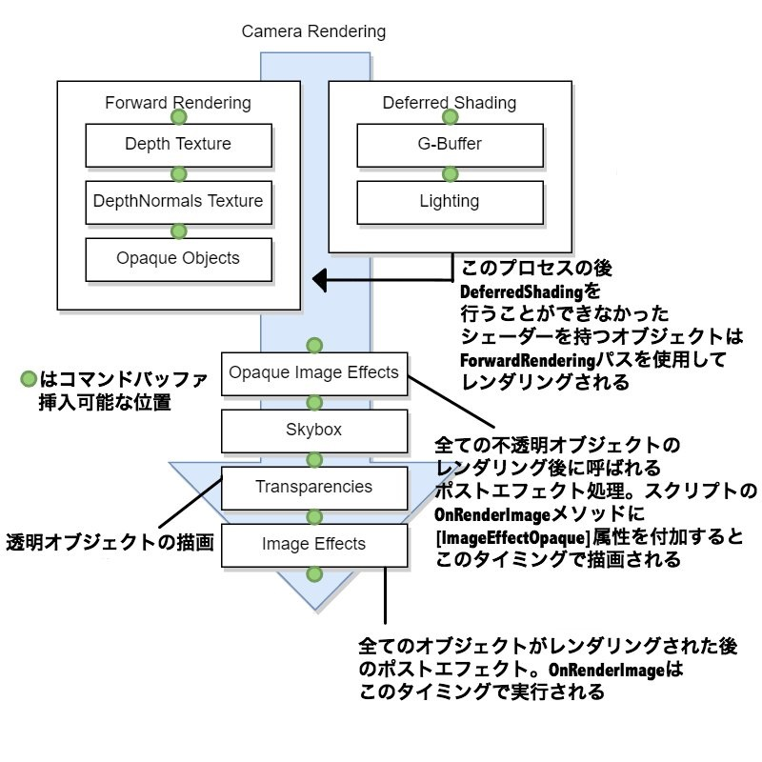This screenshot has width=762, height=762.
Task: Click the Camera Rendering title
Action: [313, 31]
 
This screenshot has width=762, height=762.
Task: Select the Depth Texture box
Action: [178, 145]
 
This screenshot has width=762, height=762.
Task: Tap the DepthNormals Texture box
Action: [178, 201]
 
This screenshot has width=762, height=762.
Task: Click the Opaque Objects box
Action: [178, 258]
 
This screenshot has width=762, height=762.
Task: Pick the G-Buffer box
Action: [450, 145]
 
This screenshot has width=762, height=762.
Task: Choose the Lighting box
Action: [450, 201]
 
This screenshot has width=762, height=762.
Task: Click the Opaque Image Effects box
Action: [313, 372]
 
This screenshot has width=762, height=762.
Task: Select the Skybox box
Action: [313, 430]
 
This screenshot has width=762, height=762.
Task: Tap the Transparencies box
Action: [313, 487]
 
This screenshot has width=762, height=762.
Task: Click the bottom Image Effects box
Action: [313, 544]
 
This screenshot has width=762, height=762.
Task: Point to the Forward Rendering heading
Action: [178, 103]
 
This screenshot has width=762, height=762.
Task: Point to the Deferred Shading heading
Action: [450, 103]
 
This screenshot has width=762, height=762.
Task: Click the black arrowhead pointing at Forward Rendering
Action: [322, 280]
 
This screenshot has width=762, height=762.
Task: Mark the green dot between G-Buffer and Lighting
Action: [450, 173]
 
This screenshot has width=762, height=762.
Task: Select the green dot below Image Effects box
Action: [313, 574]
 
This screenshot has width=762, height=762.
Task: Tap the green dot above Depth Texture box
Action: [178, 117]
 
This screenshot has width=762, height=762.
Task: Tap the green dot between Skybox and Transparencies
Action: [313, 459]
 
